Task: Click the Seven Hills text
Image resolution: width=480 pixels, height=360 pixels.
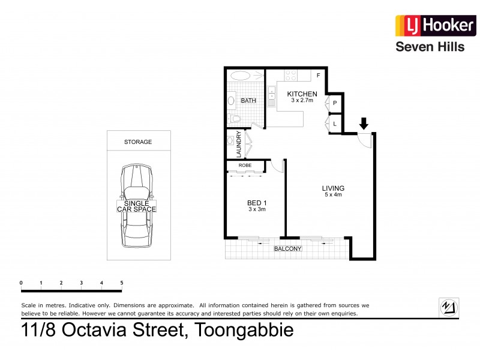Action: point(429,47)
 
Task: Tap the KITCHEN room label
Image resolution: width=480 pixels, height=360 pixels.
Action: point(302,94)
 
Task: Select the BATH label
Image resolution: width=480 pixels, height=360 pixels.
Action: point(248,101)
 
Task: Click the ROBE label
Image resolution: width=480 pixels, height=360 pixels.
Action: point(245,164)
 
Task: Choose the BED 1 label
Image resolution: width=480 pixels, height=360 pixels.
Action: point(257,203)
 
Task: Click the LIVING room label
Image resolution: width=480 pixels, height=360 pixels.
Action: point(333,188)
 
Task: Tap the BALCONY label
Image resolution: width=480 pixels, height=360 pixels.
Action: point(287,248)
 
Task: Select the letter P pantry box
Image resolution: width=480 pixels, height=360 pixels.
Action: point(334,104)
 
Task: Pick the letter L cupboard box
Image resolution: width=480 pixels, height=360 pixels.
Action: point(334,124)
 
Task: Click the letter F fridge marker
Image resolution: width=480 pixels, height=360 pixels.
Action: point(319,76)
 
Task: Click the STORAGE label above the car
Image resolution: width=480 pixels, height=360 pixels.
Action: point(137,142)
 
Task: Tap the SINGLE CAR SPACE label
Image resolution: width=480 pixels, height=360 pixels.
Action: point(136,206)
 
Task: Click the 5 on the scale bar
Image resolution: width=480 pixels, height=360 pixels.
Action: point(122,283)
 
